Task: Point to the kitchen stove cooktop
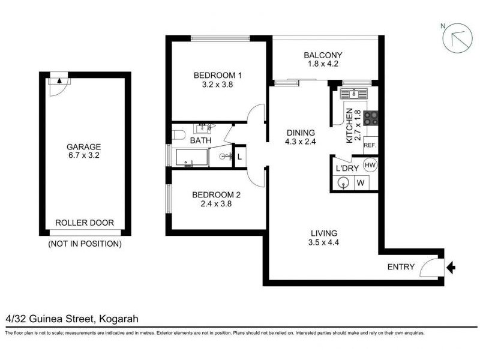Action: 371,118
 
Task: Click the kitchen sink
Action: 353,94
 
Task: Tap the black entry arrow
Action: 451,267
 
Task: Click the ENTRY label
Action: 401,267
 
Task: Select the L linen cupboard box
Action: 239,156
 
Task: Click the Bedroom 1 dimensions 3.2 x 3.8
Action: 217,85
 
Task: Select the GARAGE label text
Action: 84,147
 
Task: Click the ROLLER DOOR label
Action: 84,222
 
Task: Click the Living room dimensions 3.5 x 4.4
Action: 323,244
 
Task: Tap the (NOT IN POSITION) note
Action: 84,244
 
